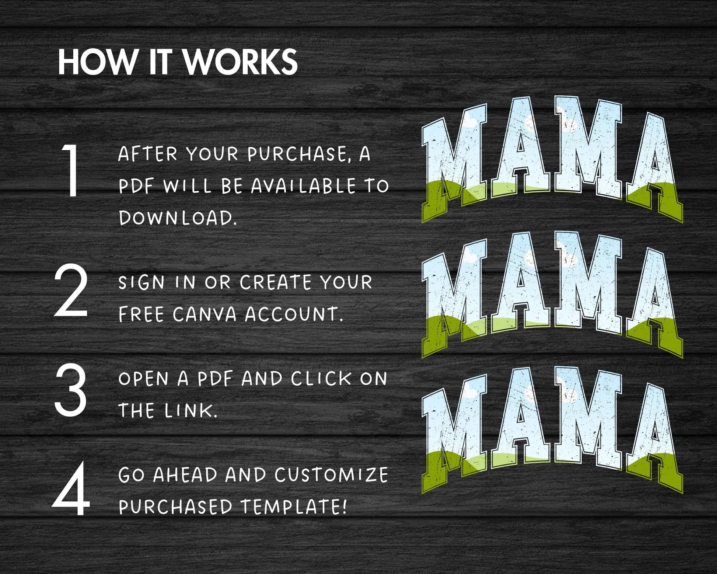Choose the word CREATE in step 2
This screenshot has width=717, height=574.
[x=276, y=282]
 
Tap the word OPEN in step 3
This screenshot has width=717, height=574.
[x=144, y=379]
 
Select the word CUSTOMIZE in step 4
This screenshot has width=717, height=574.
[x=331, y=474]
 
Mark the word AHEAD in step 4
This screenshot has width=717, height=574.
[x=185, y=474]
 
